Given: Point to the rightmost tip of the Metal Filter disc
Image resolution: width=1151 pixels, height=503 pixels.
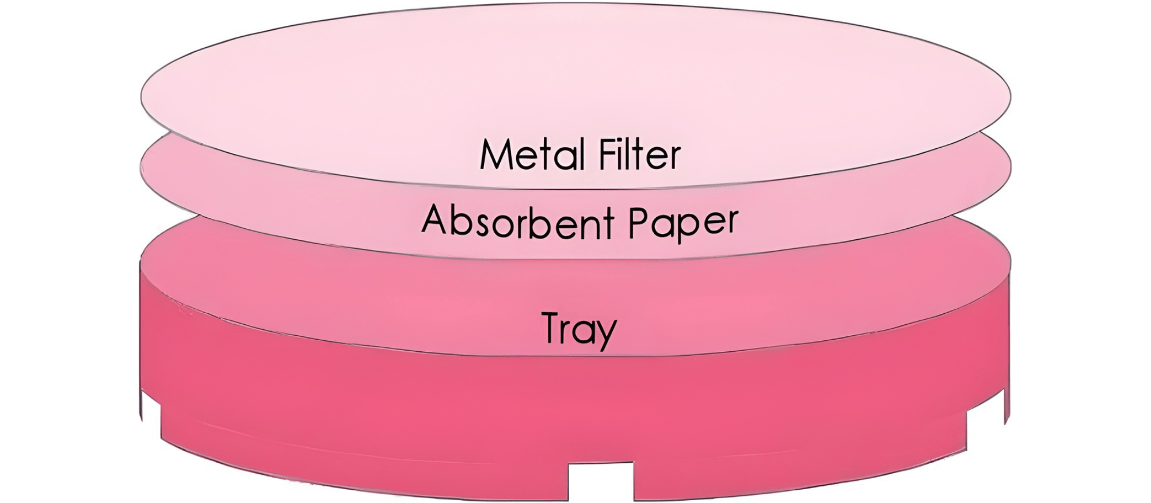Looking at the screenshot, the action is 1011,95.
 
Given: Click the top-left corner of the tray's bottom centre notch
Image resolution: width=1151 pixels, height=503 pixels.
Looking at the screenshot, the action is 569,463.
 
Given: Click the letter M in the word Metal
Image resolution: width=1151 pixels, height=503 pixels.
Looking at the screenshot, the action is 496,155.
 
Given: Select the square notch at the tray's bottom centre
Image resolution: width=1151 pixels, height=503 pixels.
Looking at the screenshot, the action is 601,482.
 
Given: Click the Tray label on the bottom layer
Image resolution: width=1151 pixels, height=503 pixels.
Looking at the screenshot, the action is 579,330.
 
